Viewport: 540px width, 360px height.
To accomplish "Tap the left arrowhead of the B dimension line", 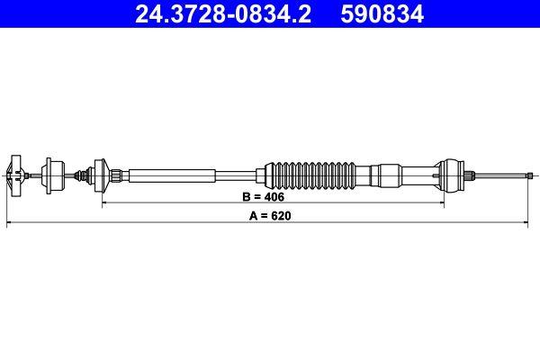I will click(x=105, y=202).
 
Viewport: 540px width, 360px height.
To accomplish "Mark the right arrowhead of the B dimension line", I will click(x=440, y=202).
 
